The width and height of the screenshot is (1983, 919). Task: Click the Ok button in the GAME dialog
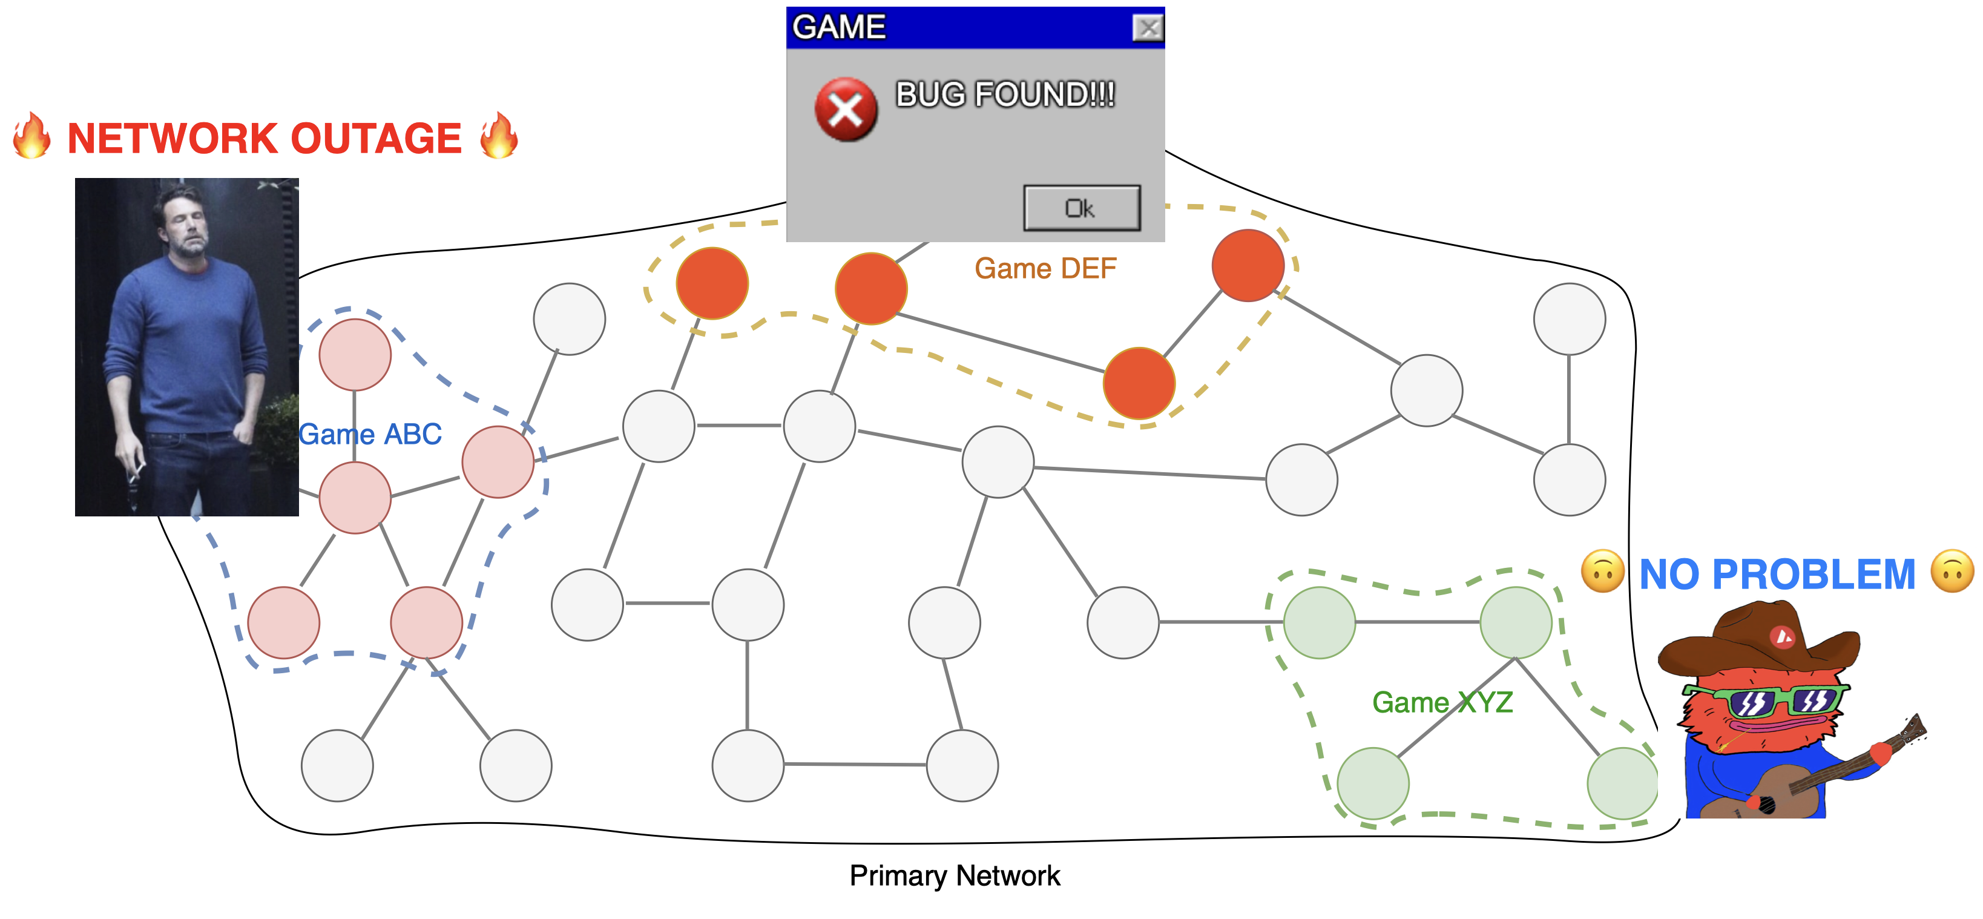1082,208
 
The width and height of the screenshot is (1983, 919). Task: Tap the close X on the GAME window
1148,28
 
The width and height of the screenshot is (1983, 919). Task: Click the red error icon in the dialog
845,110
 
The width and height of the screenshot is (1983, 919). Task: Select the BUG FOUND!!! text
1005,94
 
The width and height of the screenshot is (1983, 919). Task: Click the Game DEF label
1045,269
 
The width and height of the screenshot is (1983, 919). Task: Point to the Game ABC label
370,434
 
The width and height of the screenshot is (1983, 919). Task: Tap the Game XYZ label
1442,702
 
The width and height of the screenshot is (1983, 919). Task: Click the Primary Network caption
955,875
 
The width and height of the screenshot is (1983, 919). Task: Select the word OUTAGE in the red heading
376,139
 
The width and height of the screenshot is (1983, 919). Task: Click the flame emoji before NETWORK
32,136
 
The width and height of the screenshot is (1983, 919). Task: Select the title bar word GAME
838,27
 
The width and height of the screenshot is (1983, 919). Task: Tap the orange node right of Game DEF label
1247,265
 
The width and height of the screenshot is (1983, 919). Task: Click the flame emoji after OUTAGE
499,136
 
